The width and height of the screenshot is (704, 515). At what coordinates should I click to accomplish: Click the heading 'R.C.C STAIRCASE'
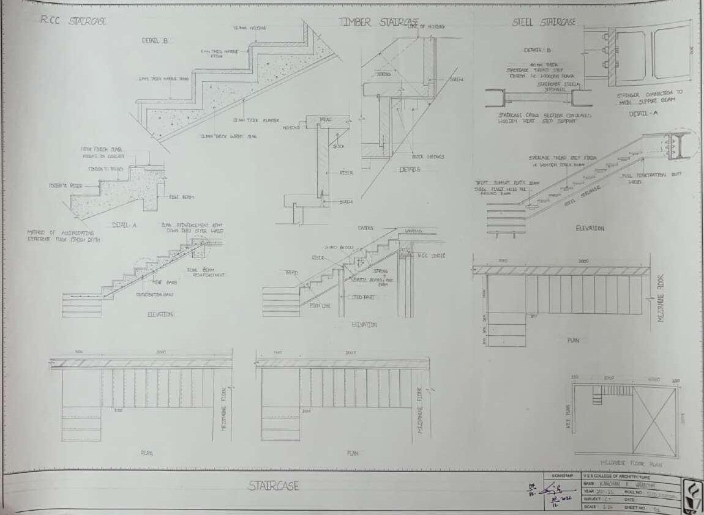73,21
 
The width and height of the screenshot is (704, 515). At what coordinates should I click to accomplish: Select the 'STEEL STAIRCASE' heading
544,23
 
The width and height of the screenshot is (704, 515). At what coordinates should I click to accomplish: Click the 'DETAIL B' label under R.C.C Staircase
155,40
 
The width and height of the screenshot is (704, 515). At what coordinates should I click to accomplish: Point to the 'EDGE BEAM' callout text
182,196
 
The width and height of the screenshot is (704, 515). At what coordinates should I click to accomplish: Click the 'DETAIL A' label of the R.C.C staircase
124,225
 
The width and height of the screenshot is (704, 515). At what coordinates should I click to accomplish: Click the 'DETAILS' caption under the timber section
410,169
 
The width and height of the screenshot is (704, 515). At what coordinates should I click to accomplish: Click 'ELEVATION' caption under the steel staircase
590,228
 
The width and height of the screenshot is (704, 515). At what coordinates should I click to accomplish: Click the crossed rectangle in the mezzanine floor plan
654,419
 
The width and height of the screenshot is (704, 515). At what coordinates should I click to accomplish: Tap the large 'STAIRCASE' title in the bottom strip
274,486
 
